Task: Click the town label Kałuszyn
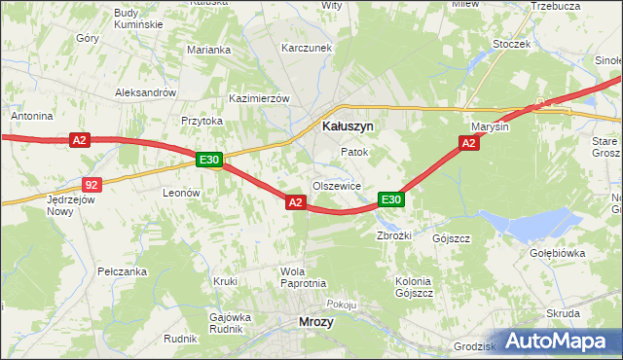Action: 348,126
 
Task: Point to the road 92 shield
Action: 91,184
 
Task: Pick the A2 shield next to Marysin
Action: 468,144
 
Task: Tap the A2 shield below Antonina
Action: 80,141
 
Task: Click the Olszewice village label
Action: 337,186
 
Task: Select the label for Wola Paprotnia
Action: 302,277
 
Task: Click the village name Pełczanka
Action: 122,271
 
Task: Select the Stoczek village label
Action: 511,44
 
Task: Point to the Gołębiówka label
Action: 557,253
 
